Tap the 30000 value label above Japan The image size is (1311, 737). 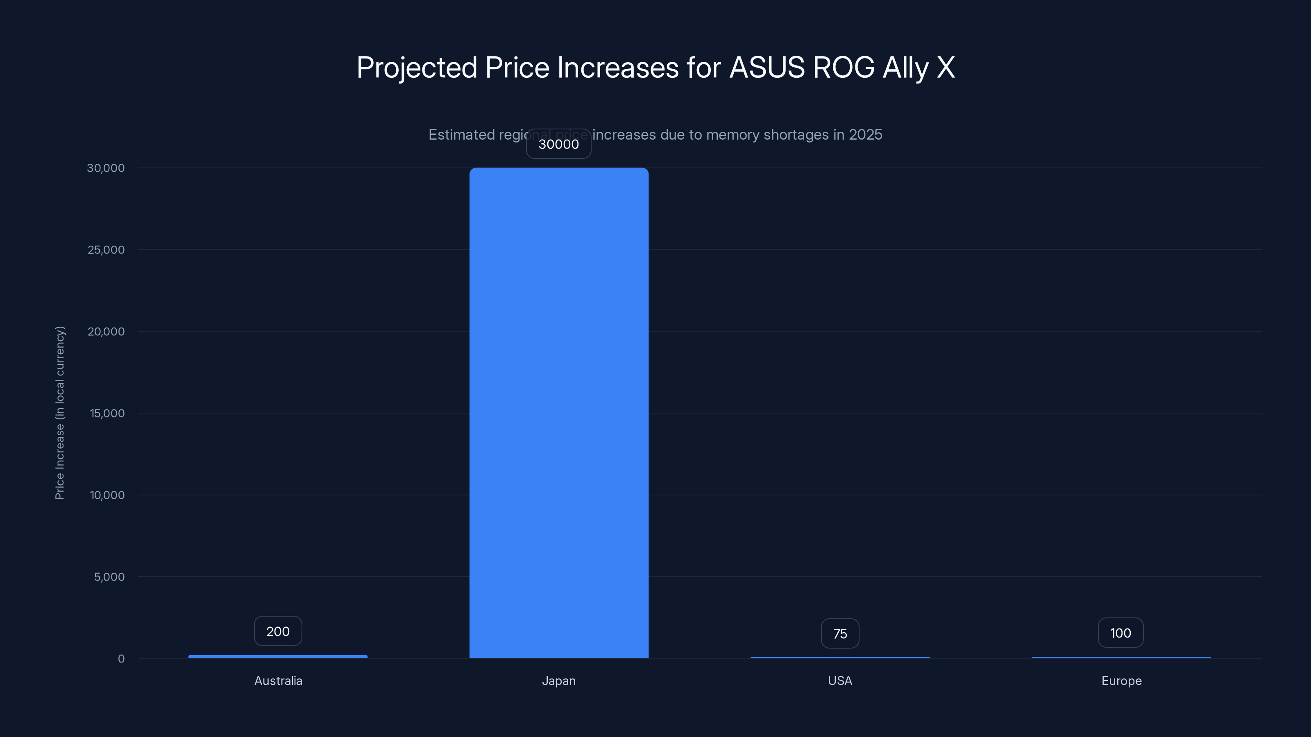click(x=558, y=144)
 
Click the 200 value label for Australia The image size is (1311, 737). click(x=278, y=631)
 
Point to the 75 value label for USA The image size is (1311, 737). click(x=840, y=634)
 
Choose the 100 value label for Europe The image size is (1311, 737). click(x=1120, y=633)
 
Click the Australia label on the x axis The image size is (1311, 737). click(x=278, y=680)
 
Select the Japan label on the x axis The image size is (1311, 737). click(x=558, y=680)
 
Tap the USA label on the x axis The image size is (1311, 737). click(x=840, y=680)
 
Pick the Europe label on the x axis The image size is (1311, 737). click(x=1121, y=680)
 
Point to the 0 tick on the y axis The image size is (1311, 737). click(x=121, y=659)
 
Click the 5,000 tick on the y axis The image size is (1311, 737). click(x=109, y=577)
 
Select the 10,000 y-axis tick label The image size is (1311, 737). click(x=107, y=495)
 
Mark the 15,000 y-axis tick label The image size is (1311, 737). click(x=107, y=413)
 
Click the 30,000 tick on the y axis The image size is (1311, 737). click(x=105, y=168)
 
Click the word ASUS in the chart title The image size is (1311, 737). click(x=767, y=67)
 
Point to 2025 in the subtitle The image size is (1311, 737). click(x=865, y=134)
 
